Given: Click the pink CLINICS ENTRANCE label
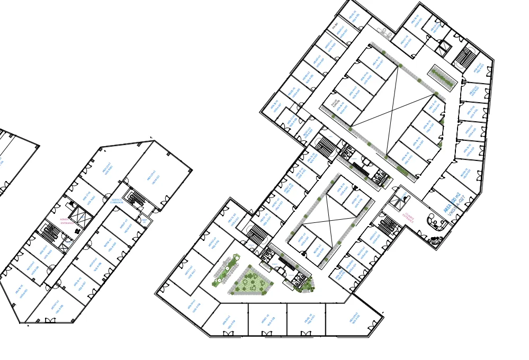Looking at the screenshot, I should pos(408,216).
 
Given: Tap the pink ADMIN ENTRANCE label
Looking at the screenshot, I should pos(67,221).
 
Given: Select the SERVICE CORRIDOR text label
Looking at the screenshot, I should pos(117,201).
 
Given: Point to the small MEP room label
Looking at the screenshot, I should pos(144,220).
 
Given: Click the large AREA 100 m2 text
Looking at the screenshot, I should pos(452,202).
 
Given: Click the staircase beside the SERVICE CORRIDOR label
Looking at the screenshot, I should pos(138,199).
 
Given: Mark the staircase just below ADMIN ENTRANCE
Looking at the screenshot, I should pos(52,232).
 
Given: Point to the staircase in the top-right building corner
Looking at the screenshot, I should pos(465,56).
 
